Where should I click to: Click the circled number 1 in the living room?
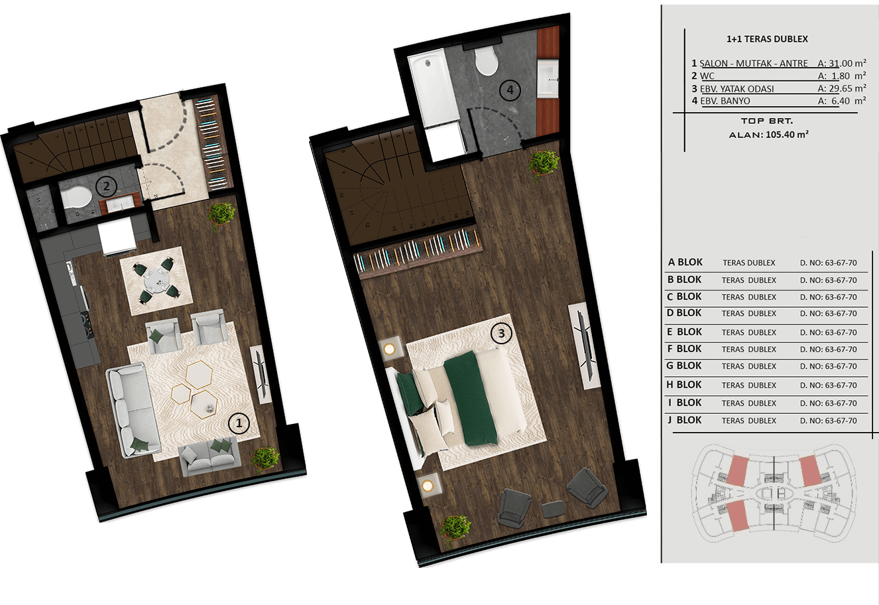coord(239,423)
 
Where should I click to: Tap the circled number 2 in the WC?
coord(106,186)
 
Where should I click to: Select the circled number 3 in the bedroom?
coord(501,333)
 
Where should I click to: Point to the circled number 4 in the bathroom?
coord(510,90)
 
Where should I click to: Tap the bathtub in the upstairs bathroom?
coord(434,89)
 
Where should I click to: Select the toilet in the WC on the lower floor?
coord(76,197)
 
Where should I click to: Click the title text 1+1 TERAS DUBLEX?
coord(767,39)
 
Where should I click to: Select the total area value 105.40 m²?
coord(787,134)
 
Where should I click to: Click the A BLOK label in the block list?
coord(685,262)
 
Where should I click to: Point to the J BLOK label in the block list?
coord(684,420)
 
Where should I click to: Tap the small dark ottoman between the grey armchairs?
coord(554,509)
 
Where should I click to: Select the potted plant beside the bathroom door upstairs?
coord(543,165)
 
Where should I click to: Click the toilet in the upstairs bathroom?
coord(487,61)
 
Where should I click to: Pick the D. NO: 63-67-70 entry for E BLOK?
coord(829,332)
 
